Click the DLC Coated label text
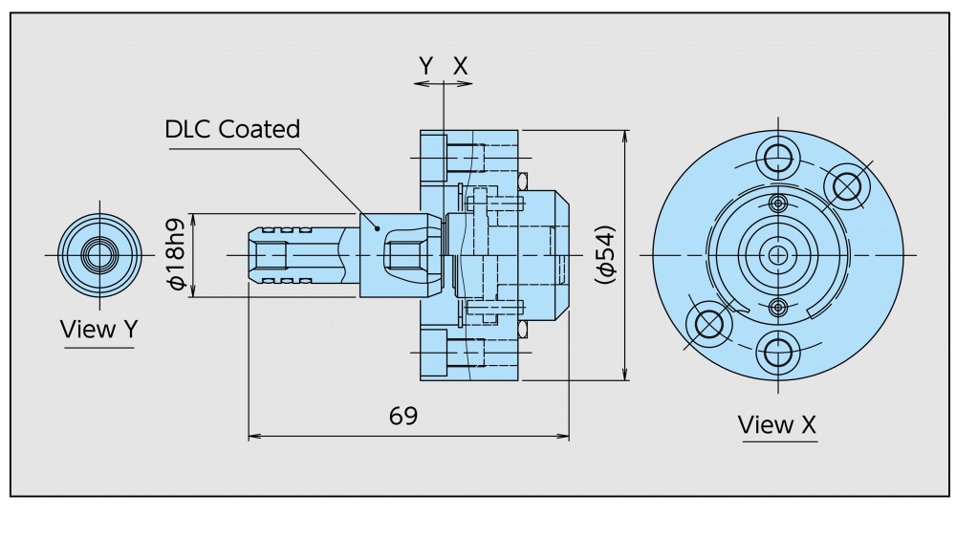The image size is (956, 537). click(232, 129)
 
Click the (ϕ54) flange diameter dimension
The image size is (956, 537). click(604, 255)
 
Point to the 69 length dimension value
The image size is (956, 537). click(403, 416)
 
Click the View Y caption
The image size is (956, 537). click(99, 330)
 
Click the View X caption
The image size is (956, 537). click(777, 424)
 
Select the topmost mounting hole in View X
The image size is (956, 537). click(778, 156)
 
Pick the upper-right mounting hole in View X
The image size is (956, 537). click(846, 184)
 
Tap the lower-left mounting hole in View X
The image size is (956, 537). click(709, 325)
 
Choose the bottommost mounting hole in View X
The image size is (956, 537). click(778, 354)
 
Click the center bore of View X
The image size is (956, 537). click(778, 255)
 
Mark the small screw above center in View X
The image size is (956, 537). click(778, 204)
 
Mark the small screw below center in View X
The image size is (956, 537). click(778, 307)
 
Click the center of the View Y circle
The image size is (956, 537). click(99, 255)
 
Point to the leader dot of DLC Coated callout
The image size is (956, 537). click(379, 228)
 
